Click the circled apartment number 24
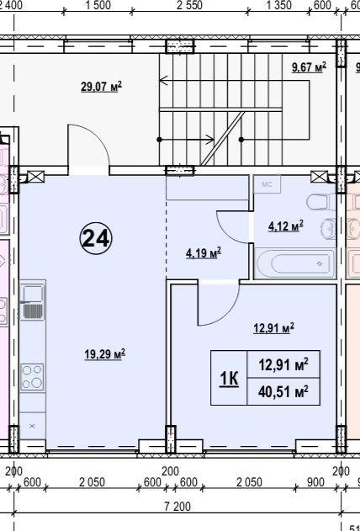point(96,238)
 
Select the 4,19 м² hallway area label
point(204,253)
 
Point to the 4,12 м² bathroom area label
point(286,226)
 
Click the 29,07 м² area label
point(101,87)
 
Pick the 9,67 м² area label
point(309,67)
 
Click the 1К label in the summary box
point(229,379)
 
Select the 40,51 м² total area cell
point(283,392)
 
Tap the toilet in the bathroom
point(319,202)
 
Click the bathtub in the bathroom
point(295,263)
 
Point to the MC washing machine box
point(267,184)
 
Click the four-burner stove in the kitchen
point(32,377)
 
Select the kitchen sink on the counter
point(32,303)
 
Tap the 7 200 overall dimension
point(177,507)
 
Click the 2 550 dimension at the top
point(189,5)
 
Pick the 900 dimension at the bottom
point(315,482)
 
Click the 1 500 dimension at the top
point(98,5)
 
